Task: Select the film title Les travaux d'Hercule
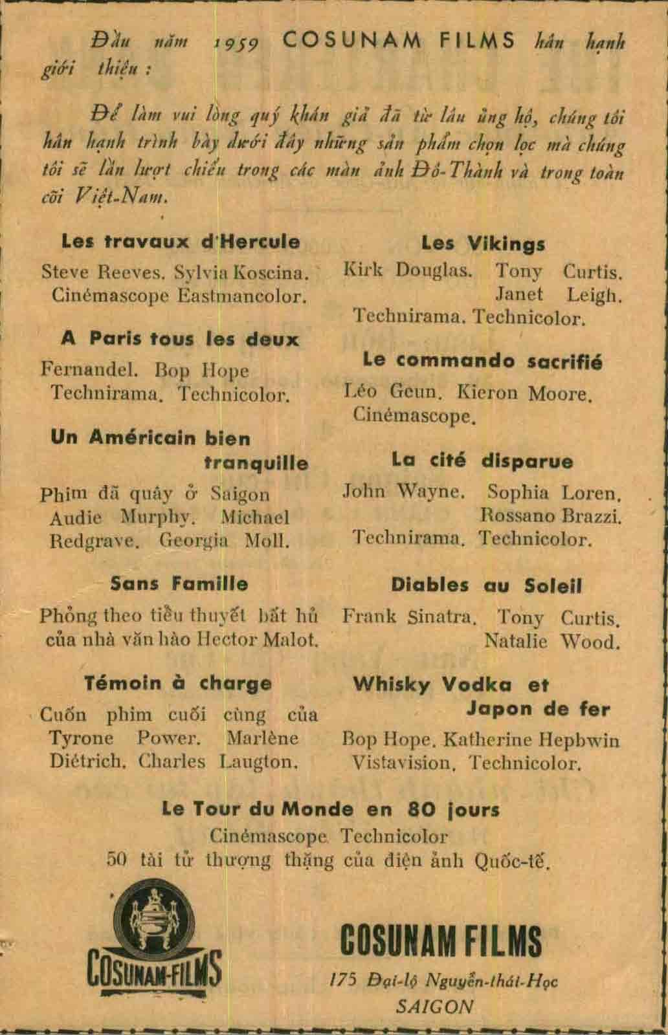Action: [x=181, y=242]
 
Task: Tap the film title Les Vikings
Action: [x=483, y=244]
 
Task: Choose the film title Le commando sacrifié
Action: [x=482, y=361]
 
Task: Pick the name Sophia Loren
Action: [x=554, y=493]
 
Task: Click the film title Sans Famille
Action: [x=179, y=583]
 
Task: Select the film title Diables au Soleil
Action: [x=486, y=586]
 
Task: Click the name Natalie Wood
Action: [x=551, y=642]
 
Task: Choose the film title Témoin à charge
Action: [x=178, y=683]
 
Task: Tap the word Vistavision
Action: [x=401, y=763]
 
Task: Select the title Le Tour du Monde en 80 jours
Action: [x=331, y=809]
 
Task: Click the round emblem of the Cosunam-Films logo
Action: [x=154, y=913]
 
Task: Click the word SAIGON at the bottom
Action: [x=434, y=1007]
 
